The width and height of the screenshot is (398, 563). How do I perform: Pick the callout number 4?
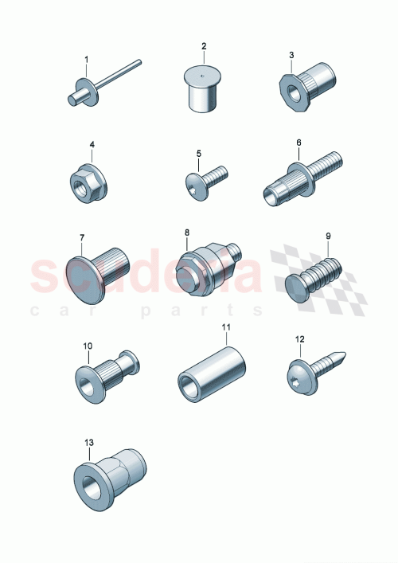pos(92,145)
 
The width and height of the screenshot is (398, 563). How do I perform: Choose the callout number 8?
pos(188,233)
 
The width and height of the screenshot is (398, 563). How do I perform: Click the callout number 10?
pos(88,346)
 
